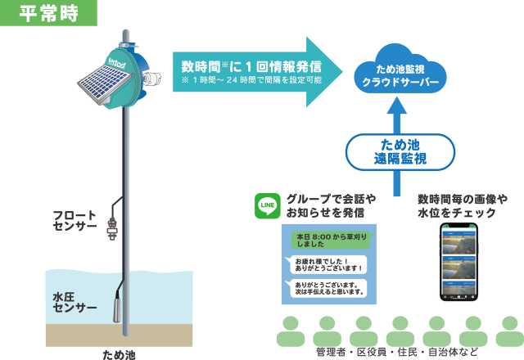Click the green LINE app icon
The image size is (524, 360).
pyautogui.click(x=268, y=205)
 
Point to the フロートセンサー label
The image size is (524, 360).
pyautogui.click(x=75, y=221)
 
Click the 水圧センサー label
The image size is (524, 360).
pyautogui.click(x=75, y=301)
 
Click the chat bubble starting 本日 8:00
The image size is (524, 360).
pyautogui.click(x=325, y=241)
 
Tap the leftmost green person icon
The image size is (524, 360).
pyautogui.click(x=291, y=331)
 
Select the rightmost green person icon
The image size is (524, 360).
pyautogui.click(x=509, y=331)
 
